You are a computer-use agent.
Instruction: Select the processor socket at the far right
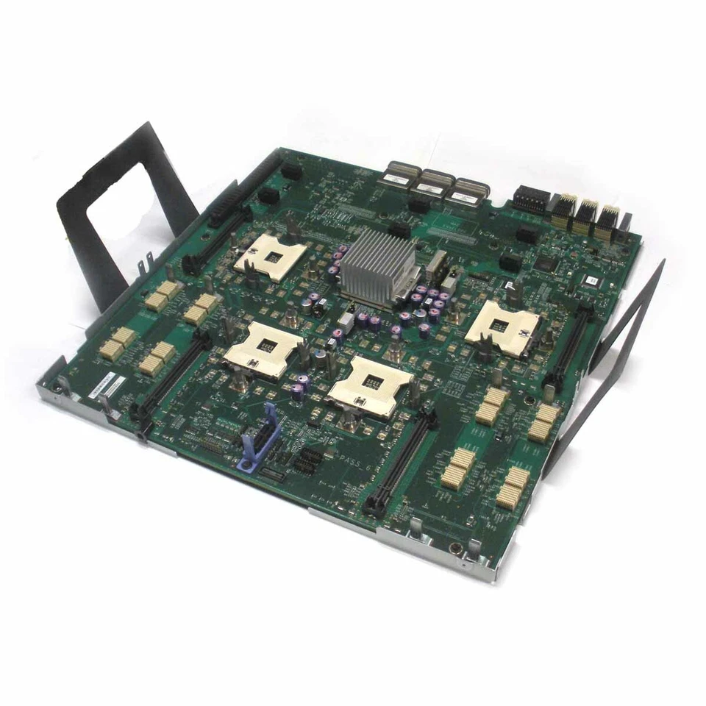503,328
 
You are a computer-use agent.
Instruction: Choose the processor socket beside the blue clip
263,349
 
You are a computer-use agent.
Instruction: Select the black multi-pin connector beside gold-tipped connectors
532,199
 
